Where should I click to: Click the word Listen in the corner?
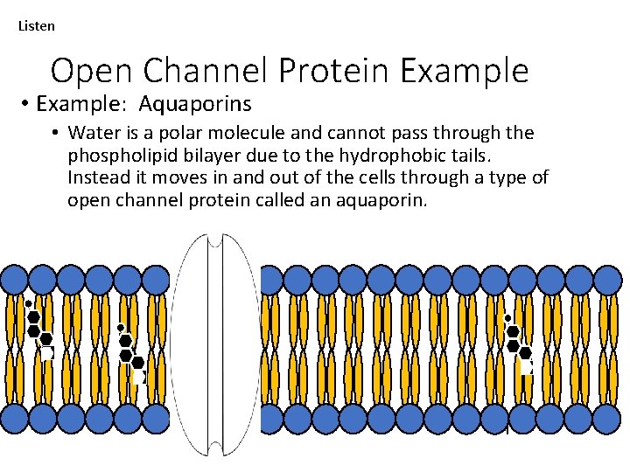[x=36, y=25]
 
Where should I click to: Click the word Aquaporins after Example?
[x=194, y=104]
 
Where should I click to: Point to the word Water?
[x=91, y=133]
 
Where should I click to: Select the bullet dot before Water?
[x=54, y=134]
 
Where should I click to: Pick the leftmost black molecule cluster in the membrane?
[x=38, y=330]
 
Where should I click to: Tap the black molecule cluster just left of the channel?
[x=130, y=350]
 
